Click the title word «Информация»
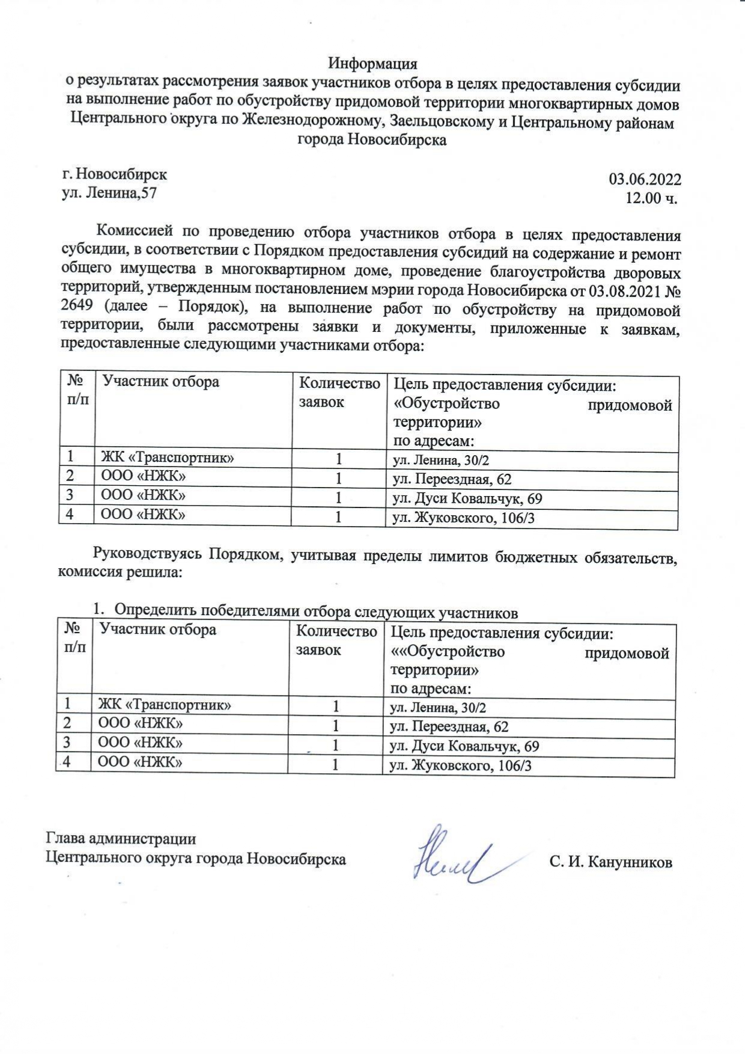372,63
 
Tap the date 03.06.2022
645,179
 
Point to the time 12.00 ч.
651,198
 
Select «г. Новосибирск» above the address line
115,174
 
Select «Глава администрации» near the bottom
121,839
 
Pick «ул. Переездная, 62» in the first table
452,479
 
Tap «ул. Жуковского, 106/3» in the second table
461,765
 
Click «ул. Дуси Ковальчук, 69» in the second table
464,746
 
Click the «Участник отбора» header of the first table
160,381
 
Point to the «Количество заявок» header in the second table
336,640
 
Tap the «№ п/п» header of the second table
73,637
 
